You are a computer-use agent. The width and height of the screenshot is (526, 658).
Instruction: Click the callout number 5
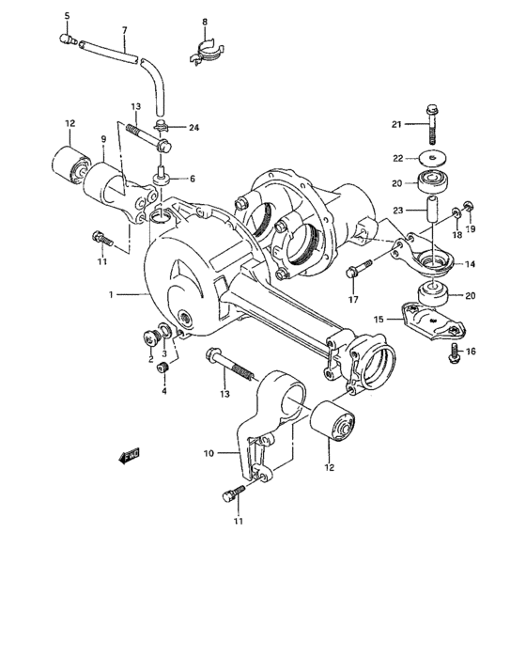pos(67,16)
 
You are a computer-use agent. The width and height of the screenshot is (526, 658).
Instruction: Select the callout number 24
pos(194,128)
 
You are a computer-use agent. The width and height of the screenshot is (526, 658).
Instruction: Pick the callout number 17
pos(354,301)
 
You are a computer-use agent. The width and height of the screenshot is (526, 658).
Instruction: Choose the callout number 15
pos(380,320)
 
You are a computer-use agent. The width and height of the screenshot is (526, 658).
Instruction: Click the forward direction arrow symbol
pos(130,456)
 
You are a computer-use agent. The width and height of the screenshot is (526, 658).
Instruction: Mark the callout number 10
pos(209,452)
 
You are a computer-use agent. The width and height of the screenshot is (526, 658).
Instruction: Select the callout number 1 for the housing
pos(110,294)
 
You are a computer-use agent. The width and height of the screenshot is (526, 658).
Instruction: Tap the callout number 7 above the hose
pos(124,29)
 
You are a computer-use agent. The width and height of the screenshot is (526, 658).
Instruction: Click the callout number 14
pos(470,264)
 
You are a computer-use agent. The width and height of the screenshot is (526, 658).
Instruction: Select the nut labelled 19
pos(470,206)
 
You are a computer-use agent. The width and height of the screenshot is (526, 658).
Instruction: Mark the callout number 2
pos(148,359)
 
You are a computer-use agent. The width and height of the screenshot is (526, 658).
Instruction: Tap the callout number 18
pos(456,237)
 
